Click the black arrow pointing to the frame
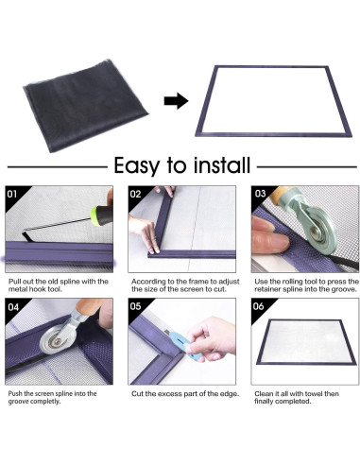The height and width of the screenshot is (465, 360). tap(176, 101)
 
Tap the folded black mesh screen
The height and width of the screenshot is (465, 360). tap(85, 105)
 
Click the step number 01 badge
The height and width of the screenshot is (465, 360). tap(12, 194)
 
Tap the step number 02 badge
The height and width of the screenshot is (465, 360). tap(135, 194)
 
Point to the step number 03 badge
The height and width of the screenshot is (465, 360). tap(260, 193)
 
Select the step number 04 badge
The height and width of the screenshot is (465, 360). tap(12, 306)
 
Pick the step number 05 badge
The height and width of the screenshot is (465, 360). tap(136, 306)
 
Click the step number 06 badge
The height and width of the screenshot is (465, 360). tap(258, 306)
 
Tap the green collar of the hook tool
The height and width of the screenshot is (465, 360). tap(95, 216)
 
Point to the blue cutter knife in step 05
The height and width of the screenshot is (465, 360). tap(185, 344)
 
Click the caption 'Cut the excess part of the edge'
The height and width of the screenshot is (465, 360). tap(185, 394)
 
